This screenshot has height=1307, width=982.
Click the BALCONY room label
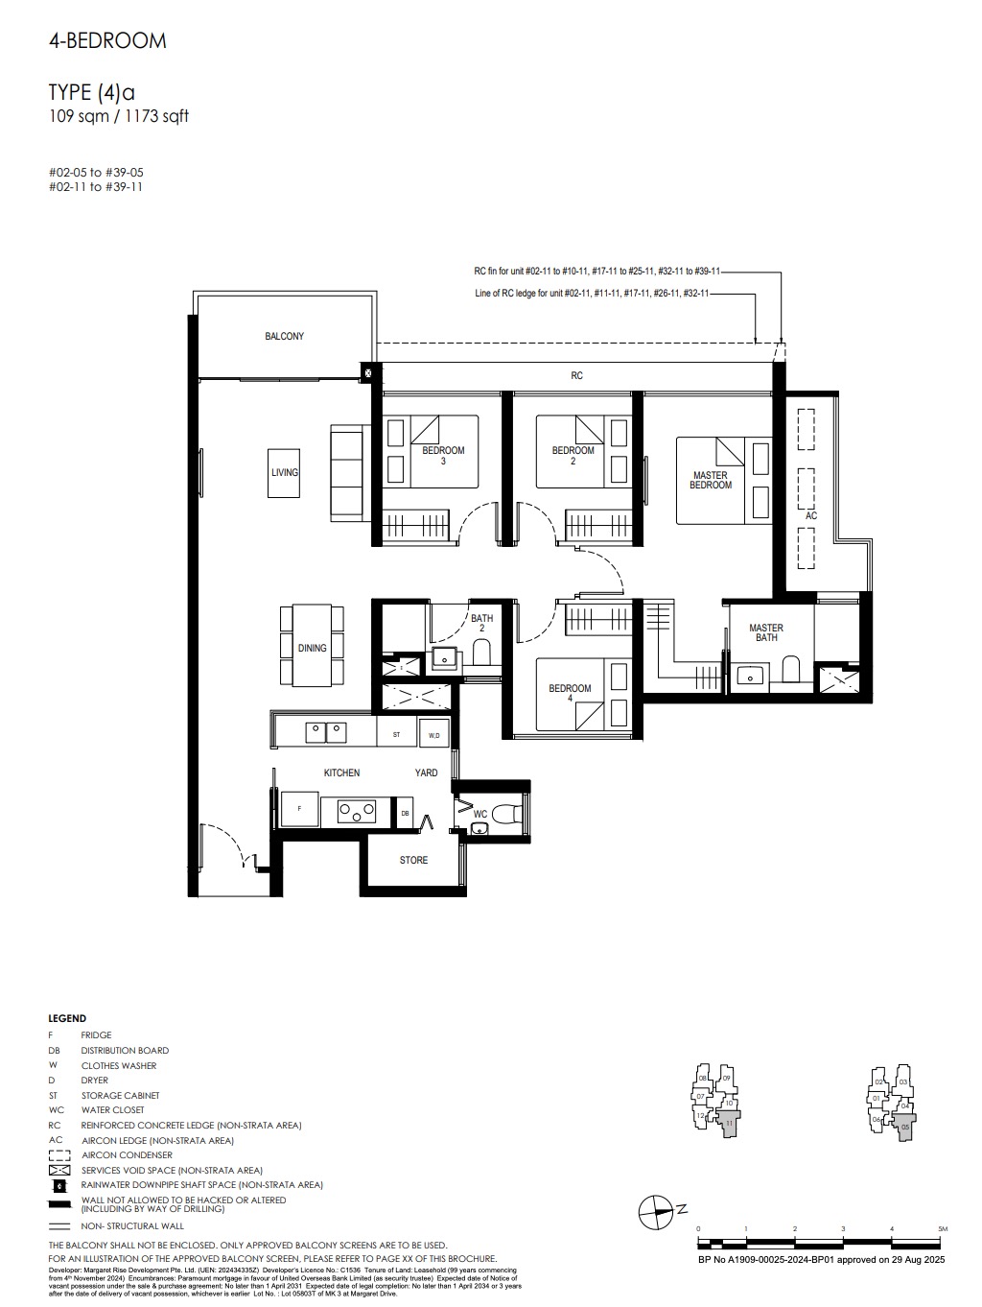(284, 337)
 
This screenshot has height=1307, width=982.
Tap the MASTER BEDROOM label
(710, 481)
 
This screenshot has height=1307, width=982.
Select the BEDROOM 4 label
(570, 693)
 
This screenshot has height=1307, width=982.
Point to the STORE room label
(413, 860)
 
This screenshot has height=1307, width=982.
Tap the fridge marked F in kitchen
(300, 809)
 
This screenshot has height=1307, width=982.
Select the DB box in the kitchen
(406, 813)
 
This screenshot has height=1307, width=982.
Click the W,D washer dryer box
(433, 735)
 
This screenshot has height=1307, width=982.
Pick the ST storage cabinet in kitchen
(396, 735)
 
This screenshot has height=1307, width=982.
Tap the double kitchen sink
(325, 732)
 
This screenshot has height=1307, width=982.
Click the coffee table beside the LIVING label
(284, 473)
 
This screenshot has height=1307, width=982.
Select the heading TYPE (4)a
(91, 92)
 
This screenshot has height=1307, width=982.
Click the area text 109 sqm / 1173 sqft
(119, 117)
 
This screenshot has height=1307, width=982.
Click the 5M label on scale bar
(943, 1228)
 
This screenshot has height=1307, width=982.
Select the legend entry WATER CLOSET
(112, 1110)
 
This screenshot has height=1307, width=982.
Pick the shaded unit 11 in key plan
(729, 1123)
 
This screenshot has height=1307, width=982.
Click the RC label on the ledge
(576, 376)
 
